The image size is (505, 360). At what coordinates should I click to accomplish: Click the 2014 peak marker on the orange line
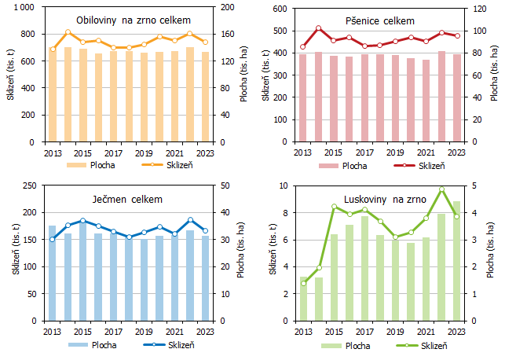click(x=68, y=32)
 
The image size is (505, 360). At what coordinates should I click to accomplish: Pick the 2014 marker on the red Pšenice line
click(x=318, y=28)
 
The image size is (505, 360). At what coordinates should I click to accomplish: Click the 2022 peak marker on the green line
click(x=441, y=189)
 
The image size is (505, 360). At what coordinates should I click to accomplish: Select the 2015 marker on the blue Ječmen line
click(x=82, y=221)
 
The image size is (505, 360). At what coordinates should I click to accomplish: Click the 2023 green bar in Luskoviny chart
click(x=456, y=261)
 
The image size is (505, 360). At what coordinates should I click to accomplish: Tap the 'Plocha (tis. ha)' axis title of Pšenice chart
click(x=494, y=75)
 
